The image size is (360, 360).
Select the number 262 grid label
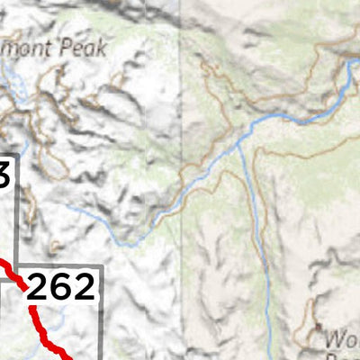click(60, 286)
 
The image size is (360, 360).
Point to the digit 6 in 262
click(60, 286)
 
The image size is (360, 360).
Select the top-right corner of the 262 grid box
click(101, 266)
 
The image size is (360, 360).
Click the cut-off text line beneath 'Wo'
click(346, 356)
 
